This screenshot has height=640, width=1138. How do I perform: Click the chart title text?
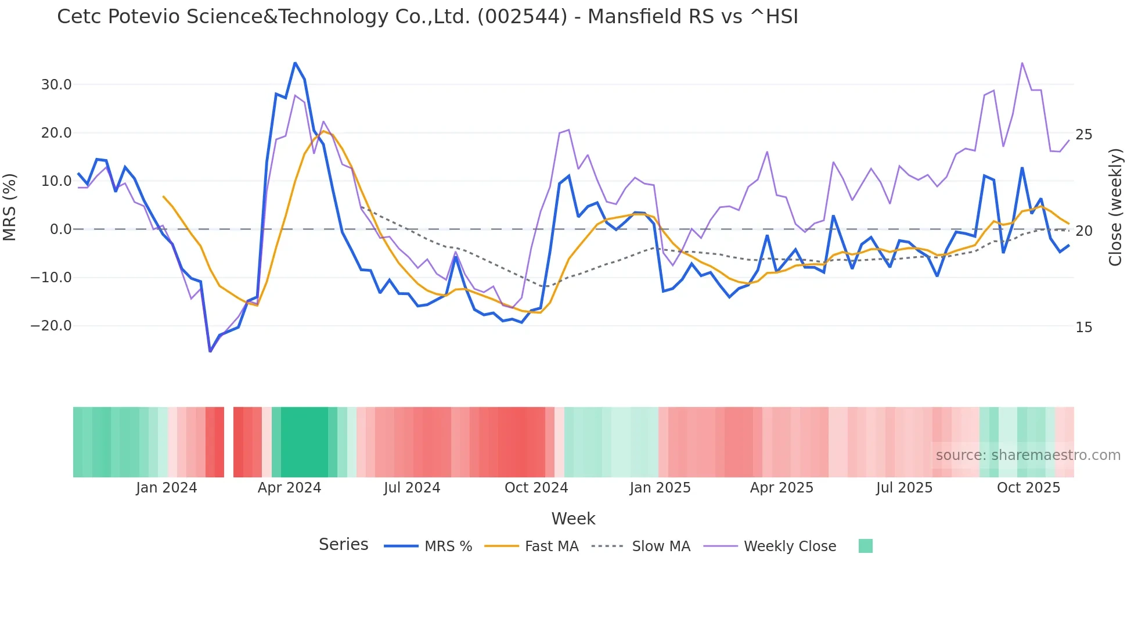(x=427, y=17)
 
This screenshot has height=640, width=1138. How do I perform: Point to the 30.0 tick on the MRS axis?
(x=56, y=85)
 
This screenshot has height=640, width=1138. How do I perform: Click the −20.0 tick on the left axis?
(x=51, y=326)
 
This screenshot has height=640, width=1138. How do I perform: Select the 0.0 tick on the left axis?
(x=60, y=229)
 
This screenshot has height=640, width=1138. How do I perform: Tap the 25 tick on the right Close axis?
(x=1083, y=135)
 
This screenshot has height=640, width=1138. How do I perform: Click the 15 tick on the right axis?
(x=1083, y=328)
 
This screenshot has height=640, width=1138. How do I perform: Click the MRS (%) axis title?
(x=10, y=207)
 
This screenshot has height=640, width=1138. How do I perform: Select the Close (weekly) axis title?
(x=1115, y=207)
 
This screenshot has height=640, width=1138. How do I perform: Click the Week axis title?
(x=573, y=519)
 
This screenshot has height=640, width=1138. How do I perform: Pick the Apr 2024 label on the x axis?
(x=289, y=488)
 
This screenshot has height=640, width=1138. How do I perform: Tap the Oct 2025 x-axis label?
(x=1028, y=488)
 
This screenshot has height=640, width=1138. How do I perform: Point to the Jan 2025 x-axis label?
(x=660, y=488)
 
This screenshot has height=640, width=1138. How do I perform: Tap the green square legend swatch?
(x=865, y=546)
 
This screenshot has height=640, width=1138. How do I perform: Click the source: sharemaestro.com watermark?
(x=1028, y=455)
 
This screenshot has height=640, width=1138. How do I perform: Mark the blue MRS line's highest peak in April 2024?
(x=295, y=63)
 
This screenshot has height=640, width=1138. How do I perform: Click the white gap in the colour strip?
(x=229, y=442)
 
